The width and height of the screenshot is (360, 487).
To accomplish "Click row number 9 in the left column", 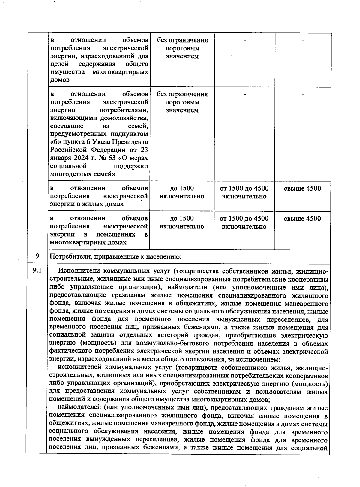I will (x=37, y=256).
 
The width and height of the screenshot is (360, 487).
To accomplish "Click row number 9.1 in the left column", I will (x=37, y=271).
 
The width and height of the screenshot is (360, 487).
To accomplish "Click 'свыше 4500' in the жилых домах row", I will (x=302, y=188).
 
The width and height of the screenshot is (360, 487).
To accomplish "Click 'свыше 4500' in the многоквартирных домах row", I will (x=302, y=218).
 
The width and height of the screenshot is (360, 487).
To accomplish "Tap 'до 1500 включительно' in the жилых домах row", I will (x=182, y=192).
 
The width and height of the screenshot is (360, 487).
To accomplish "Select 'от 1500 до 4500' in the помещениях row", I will (x=244, y=218).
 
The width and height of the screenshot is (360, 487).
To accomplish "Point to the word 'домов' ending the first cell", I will (x=60, y=80).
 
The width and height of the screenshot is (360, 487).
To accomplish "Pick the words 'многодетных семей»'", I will (x=83, y=174).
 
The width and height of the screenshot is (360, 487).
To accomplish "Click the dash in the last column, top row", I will (x=303, y=41).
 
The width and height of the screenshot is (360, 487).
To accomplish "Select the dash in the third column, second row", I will (x=244, y=95).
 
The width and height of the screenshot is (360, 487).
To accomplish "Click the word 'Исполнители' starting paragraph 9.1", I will (x=78, y=271).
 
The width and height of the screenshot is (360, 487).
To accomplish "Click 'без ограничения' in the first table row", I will (x=182, y=40).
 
